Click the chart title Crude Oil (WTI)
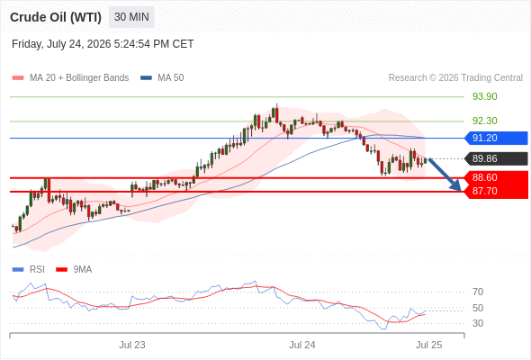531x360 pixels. (56, 17)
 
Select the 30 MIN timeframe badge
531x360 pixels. (131, 17)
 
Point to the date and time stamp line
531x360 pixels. (103, 44)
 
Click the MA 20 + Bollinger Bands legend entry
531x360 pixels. (70, 78)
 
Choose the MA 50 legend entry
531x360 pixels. (162, 78)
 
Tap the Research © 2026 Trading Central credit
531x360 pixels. (455, 78)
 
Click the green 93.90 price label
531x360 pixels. (484, 96)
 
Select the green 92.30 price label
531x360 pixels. (484, 121)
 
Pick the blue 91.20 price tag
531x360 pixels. (496, 139)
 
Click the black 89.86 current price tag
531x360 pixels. (496, 158)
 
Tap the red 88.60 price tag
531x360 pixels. (496, 177)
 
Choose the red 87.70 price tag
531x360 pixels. (496, 192)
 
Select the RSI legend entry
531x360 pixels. (29, 270)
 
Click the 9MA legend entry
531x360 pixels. (74, 270)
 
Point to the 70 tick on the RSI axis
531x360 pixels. (478, 292)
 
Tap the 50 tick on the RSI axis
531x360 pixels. (478, 308)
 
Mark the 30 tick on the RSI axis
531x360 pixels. (478, 323)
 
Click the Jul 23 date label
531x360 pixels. (132, 345)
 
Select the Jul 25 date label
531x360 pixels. (428, 345)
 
